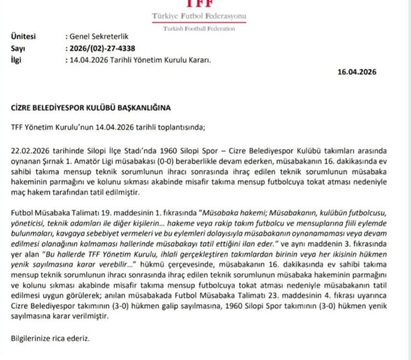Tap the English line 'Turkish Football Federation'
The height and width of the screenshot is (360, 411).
[198, 29]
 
